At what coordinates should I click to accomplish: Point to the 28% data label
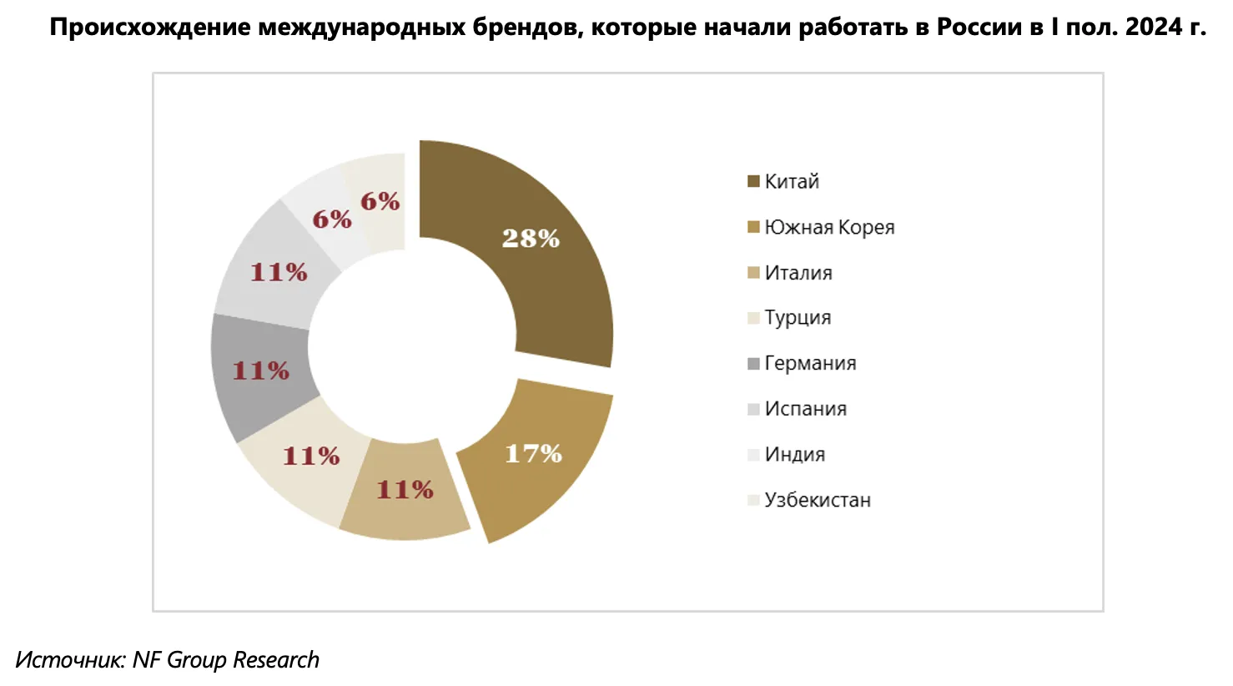tap(531, 239)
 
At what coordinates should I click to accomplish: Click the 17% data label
tap(533, 454)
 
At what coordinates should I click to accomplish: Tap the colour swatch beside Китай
tap(753, 182)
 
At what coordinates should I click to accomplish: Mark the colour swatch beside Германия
tap(753, 364)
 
